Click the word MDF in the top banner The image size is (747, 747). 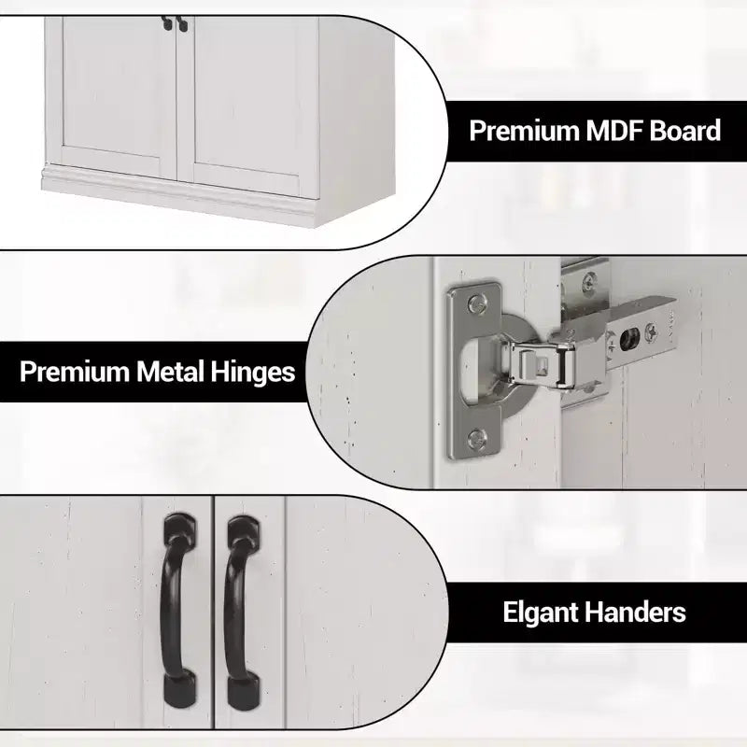(x=614, y=130)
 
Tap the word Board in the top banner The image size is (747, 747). (x=685, y=130)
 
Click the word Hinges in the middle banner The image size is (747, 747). (x=252, y=372)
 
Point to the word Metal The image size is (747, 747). (x=170, y=372)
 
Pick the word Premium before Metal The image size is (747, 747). (x=75, y=372)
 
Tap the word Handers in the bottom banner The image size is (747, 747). (x=635, y=613)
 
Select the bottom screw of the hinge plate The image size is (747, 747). (x=476, y=437)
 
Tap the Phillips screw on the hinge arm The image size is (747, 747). (x=651, y=332)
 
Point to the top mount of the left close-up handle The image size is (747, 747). (x=179, y=529)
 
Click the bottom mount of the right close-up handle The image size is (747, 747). (x=244, y=692)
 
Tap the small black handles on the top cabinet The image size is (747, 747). (x=175, y=23)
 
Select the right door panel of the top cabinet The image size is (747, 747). (x=247, y=106)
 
